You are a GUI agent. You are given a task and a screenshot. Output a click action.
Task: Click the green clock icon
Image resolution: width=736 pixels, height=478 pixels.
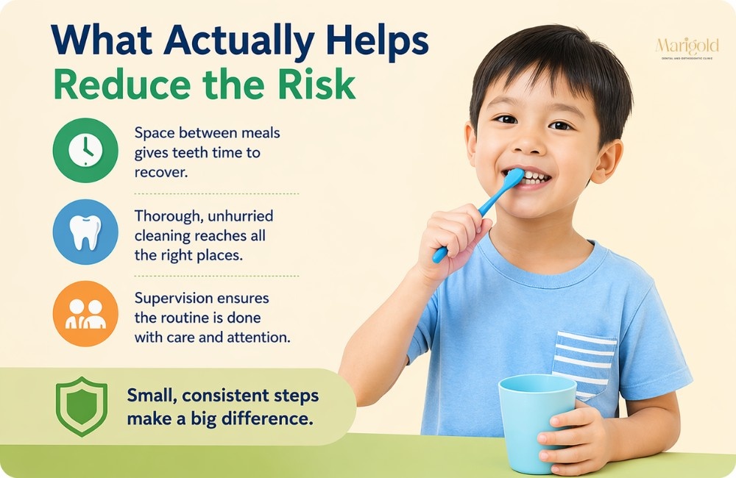(85, 151)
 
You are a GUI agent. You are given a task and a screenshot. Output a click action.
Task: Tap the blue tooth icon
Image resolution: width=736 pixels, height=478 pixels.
(85, 232)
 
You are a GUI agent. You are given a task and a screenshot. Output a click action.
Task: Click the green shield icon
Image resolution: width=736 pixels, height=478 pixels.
(81, 407)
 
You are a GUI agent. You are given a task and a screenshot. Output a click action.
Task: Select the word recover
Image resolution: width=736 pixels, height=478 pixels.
(159, 171)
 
